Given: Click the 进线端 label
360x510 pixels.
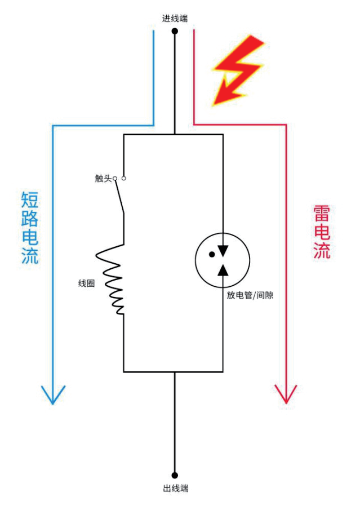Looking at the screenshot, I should point(175,18).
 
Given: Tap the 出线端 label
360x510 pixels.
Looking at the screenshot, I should point(176,488).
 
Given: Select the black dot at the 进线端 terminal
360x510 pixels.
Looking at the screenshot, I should point(175,31).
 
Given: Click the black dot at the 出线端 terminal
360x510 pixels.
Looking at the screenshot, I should point(175,475).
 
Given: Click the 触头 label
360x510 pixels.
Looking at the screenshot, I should point(103,179).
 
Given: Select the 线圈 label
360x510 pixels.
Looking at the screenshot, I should point(86,283).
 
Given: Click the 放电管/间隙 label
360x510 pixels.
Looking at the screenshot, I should point(246,295).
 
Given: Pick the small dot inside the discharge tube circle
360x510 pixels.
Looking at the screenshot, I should point(212,254).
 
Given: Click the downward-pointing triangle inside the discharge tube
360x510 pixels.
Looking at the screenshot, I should point(224,250).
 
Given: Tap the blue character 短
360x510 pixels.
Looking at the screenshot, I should point(30,200).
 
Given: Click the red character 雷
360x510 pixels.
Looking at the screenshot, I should point(322,214).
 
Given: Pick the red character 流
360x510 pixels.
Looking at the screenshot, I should point(322,251).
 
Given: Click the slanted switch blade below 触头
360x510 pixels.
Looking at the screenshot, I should point(119,197).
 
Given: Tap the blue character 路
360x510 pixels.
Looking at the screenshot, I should point(30,219).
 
